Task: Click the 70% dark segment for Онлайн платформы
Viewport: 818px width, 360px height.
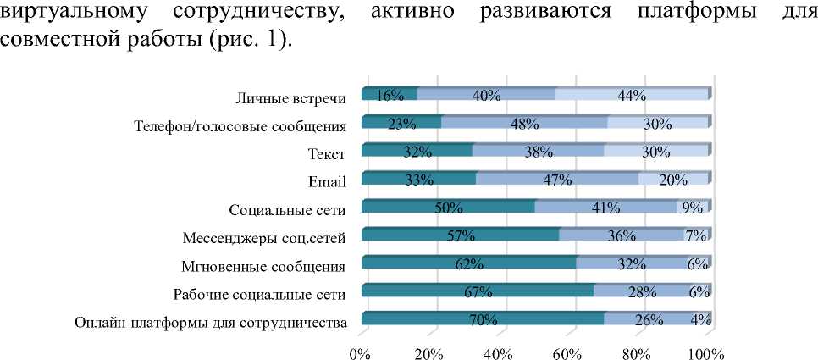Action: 483,318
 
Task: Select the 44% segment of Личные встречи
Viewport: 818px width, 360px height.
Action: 631,95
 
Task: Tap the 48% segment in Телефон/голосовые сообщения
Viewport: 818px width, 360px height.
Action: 524,123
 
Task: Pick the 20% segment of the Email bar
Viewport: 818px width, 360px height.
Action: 673,179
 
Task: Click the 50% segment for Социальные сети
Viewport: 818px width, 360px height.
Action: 448,207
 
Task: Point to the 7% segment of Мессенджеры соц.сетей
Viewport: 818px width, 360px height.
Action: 695,235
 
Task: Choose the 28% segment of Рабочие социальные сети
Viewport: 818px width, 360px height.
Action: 642,291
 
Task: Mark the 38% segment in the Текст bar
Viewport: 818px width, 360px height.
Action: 538,151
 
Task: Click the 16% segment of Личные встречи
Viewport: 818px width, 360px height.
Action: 389,95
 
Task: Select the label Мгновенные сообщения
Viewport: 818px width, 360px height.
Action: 263,266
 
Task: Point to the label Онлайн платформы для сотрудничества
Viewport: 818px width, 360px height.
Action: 211,322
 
